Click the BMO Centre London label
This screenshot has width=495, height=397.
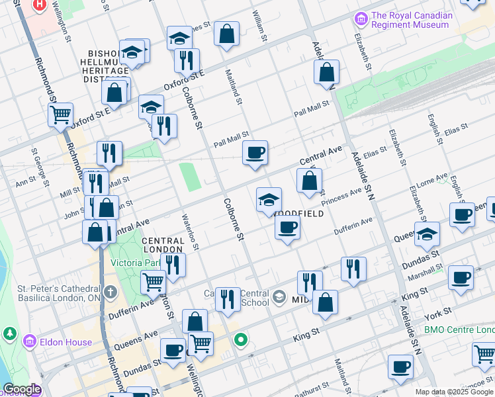[x=459, y=330]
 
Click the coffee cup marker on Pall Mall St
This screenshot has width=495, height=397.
[x=255, y=154]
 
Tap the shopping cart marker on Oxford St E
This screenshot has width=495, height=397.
[x=60, y=114]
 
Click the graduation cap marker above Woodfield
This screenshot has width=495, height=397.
[x=269, y=200]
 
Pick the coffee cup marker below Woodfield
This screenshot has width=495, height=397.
[x=287, y=228]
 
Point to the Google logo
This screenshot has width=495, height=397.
[x=22, y=390]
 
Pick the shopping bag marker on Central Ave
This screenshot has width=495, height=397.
[x=309, y=181]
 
